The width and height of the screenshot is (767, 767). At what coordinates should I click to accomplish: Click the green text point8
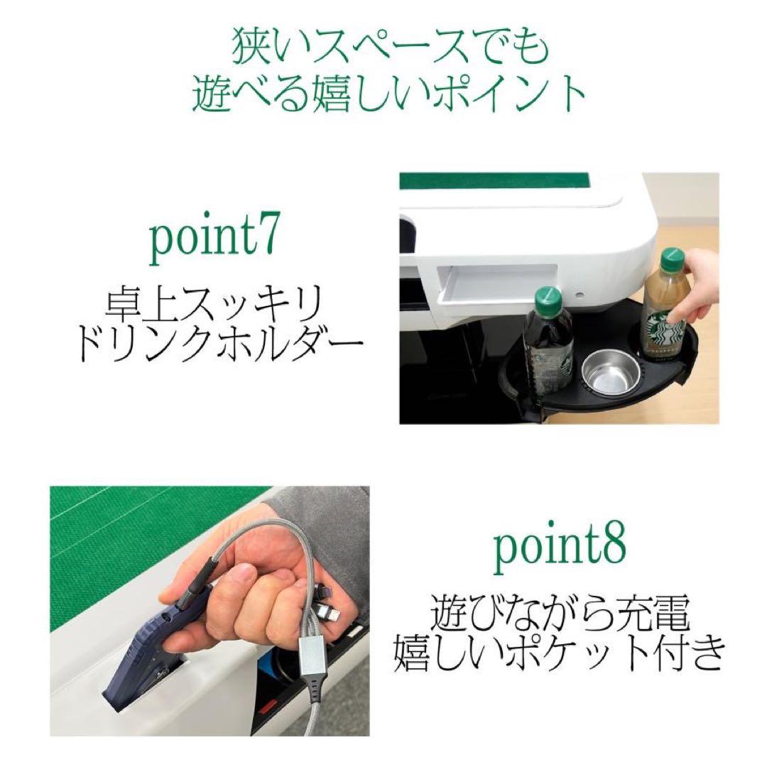560,553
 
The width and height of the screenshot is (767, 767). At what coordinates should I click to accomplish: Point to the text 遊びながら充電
560,615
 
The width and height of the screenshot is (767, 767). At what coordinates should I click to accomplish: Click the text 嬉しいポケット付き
560,653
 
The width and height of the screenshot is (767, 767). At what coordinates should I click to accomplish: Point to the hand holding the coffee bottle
700,290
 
